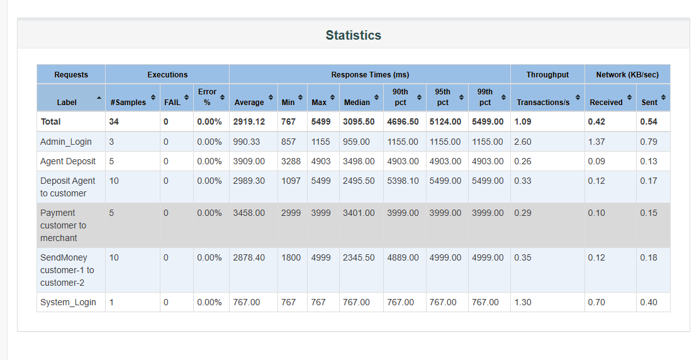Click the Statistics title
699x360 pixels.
click(353, 35)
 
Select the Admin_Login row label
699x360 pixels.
click(65, 142)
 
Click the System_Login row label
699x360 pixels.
click(68, 302)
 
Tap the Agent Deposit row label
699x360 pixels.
click(68, 161)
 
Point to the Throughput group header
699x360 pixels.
click(547, 74)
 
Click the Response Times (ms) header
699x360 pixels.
click(370, 74)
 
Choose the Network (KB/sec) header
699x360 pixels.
click(627, 74)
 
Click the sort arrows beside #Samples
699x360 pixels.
click(153, 98)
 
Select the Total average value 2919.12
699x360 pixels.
click(249, 121)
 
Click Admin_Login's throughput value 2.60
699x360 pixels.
click(522, 142)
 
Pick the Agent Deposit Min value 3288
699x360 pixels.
click(291, 161)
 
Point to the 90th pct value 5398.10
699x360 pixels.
click(403, 181)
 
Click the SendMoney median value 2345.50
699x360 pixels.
click(359, 257)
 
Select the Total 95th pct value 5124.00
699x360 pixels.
click(445, 121)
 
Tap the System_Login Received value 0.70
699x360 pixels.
click(596, 302)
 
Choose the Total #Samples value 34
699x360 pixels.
click(114, 121)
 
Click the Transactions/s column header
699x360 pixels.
click(543, 102)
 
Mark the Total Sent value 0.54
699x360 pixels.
click(649, 121)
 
